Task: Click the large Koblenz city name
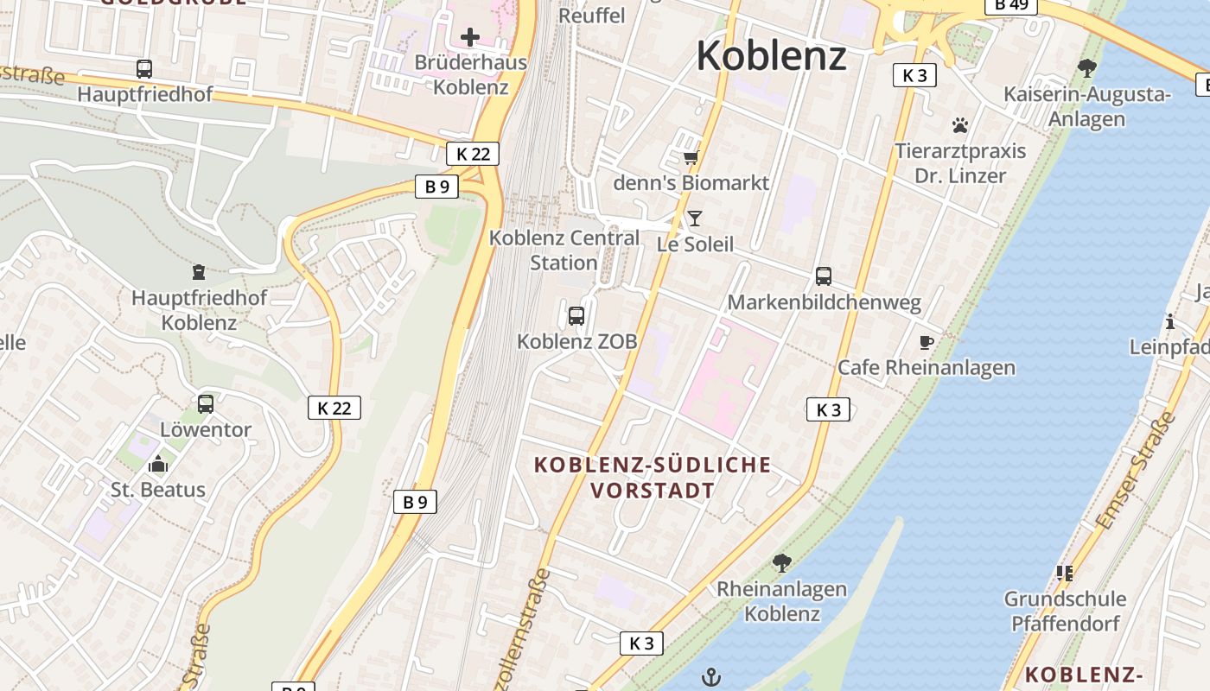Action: click(771, 56)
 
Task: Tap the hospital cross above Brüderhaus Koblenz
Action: click(470, 37)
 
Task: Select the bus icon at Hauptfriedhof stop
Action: click(144, 69)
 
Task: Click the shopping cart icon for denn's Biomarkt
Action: click(691, 157)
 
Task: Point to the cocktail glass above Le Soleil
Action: click(694, 219)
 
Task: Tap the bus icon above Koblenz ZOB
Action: click(576, 316)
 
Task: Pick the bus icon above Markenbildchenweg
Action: click(824, 276)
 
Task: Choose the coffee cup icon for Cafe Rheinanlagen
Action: click(927, 342)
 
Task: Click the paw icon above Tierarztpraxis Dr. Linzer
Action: click(960, 125)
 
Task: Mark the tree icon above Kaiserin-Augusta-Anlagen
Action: click(1087, 68)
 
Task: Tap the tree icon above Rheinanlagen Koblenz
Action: click(781, 563)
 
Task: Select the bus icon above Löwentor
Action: click(206, 403)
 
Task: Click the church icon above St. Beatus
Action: click(157, 465)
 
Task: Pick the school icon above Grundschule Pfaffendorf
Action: click(1064, 573)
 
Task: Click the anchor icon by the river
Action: click(710, 676)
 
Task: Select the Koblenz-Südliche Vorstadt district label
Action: click(653, 478)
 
